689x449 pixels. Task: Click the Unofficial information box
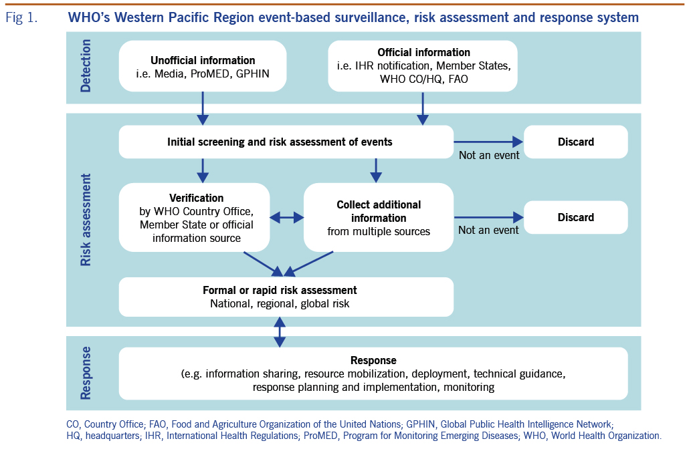203,66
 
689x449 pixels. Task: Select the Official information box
423,66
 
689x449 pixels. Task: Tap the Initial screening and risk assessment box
286,142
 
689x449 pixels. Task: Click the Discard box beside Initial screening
575,142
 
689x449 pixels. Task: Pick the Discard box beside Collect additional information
575,217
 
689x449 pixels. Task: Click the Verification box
196,218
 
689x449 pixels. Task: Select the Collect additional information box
379,218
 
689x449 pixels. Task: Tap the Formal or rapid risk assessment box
286,297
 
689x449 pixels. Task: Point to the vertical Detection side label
86,65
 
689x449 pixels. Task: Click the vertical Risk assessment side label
86,220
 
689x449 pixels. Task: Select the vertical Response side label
86,373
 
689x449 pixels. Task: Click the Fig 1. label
21,18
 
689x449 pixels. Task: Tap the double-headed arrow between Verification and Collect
287,217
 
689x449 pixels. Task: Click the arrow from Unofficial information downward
203,108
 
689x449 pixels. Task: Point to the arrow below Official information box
423,108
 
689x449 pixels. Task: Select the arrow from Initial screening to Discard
487,142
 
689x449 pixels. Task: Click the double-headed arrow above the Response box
280,331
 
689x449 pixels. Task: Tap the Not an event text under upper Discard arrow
488,155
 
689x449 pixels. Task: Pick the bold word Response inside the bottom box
373,360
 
